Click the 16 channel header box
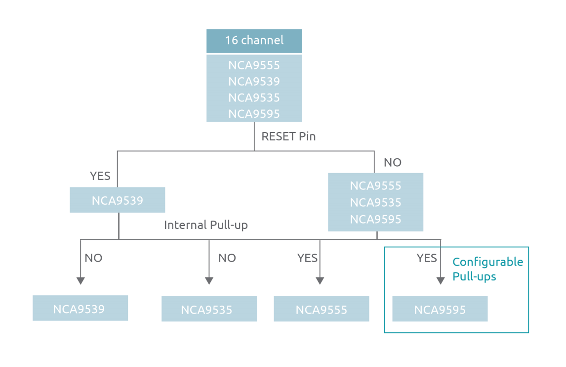point(254,41)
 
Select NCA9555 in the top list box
point(254,65)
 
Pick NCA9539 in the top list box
point(254,81)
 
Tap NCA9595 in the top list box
point(254,114)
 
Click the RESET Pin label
point(288,137)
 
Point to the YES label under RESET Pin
point(100,176)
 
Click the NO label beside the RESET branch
point(393,162)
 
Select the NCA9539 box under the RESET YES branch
point(117,200)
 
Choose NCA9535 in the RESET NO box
point(375,202)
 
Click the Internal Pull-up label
point(206,225)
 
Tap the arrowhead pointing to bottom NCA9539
point(81,280)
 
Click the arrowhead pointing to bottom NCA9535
point(209,280)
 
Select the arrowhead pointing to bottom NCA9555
point(320,280)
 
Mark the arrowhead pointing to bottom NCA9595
point(440,280)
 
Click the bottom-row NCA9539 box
point(80,309)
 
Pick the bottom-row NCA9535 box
point(209,310)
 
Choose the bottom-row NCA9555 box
point(321,310)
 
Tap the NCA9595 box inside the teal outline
point(440,310)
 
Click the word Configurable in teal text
point(487,262)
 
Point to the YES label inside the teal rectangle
point(427,258)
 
